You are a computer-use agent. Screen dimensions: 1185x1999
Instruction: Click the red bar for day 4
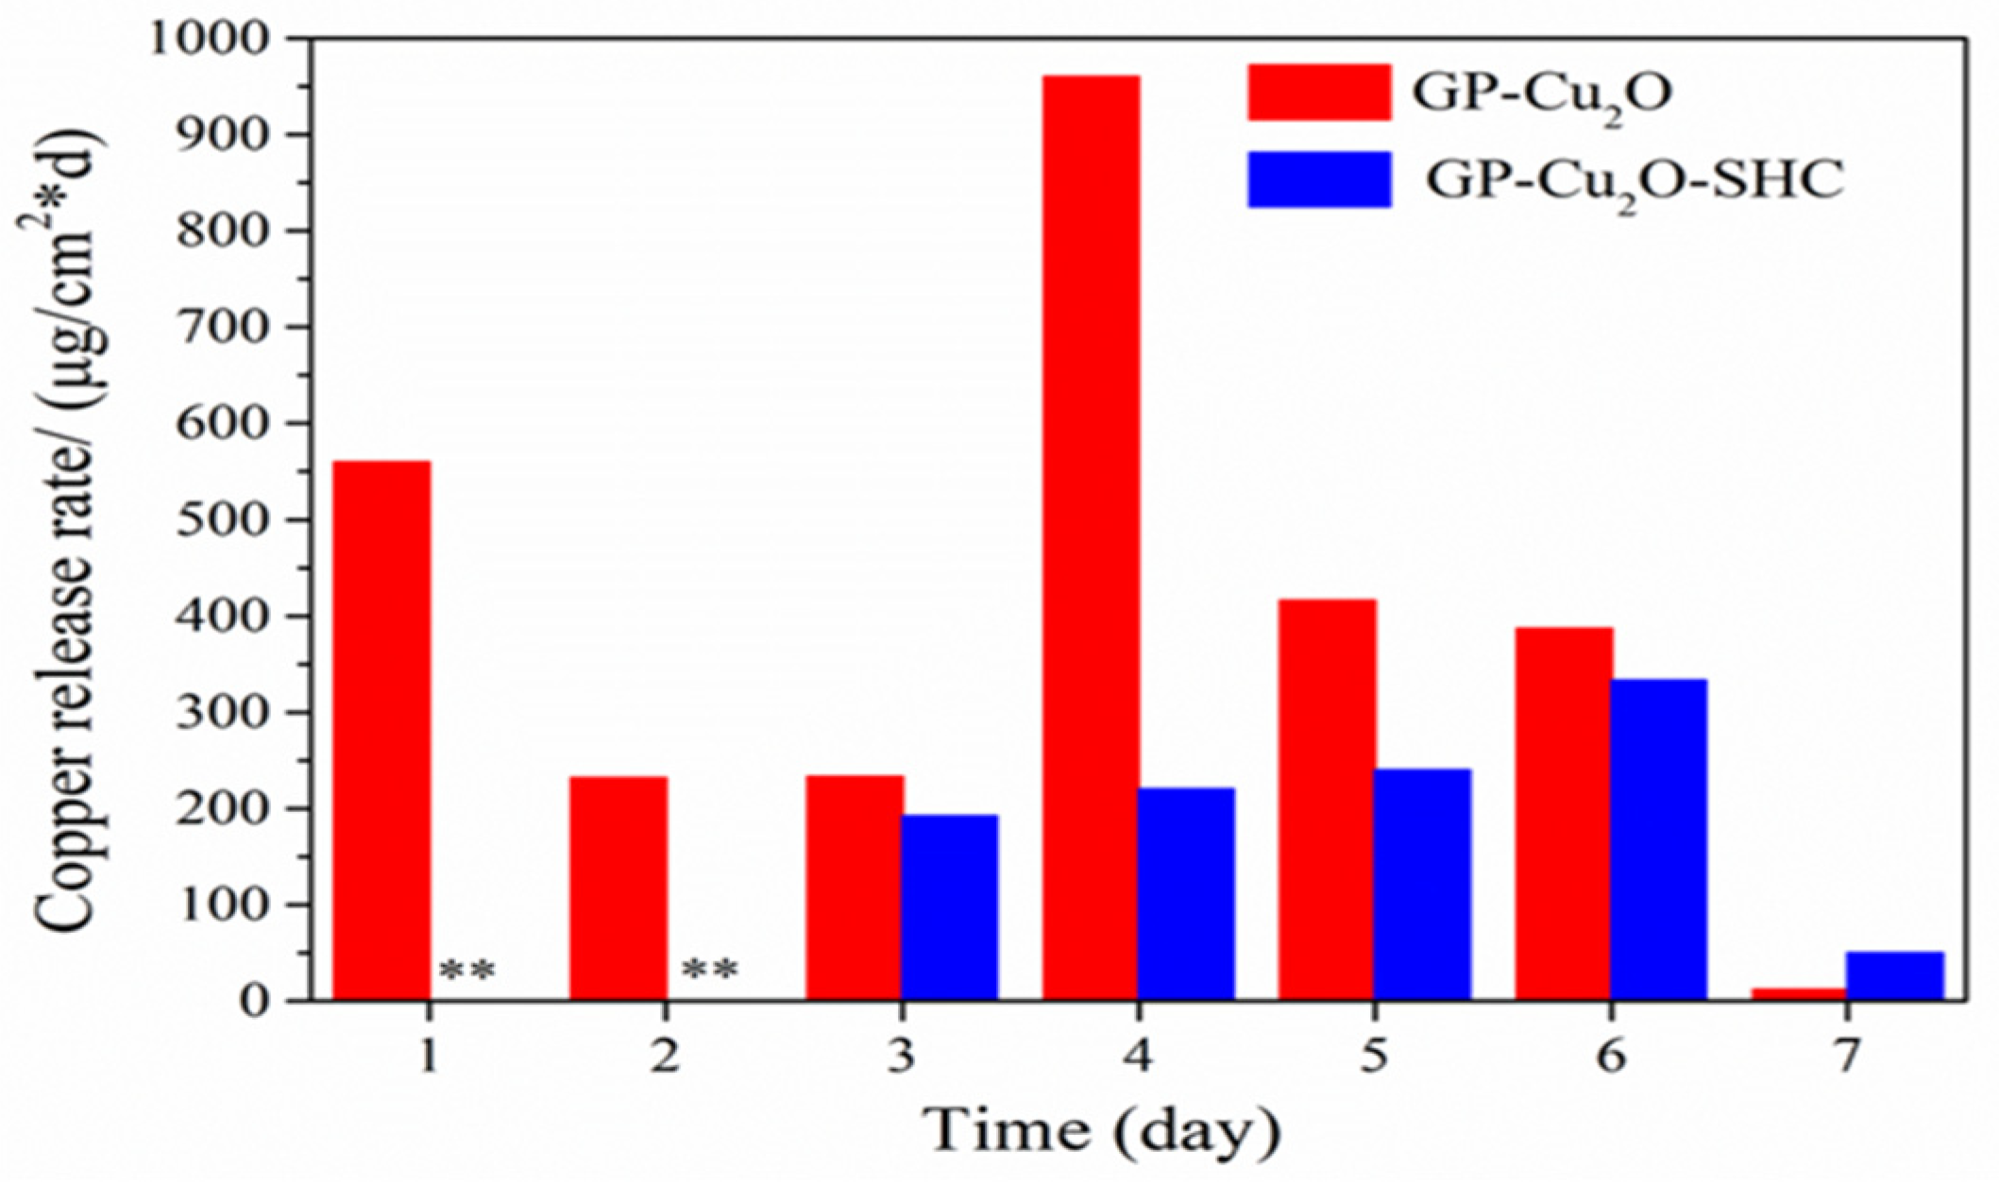(1091, 538)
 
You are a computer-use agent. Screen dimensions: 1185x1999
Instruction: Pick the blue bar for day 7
(1895, 975)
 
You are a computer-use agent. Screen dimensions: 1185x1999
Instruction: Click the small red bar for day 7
(1799, 993)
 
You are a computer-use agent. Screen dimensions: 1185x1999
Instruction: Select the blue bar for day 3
(950, 906)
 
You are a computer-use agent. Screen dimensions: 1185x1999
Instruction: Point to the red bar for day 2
(618, 888)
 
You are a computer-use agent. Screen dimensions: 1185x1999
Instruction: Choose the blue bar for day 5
(1423, 884)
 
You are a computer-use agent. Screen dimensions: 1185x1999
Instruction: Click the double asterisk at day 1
(467, 971)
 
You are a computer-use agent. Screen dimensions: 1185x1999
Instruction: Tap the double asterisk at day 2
(710, 971)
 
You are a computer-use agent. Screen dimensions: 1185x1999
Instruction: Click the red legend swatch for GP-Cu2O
(1319, 93)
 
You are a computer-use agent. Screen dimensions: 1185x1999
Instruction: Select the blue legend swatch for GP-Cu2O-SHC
(1319, 179)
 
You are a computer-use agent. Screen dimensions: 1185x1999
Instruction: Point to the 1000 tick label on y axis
(216, 39)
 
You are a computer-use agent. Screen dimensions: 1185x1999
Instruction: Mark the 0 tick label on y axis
(254, 1001)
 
